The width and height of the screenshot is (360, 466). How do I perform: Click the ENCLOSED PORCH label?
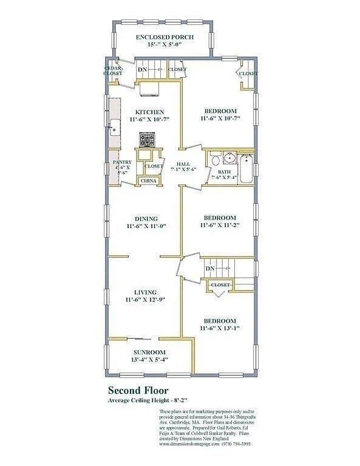click(165, 38)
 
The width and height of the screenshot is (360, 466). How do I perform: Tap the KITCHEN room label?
click(149, 112)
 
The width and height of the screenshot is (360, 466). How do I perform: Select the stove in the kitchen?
click(148, 141)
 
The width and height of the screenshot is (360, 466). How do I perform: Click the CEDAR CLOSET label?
click(113, 71)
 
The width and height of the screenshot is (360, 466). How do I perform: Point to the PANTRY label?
click(122, 162)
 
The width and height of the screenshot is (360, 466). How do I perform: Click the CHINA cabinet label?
click(149, 181)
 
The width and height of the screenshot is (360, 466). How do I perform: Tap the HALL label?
click(183, 164)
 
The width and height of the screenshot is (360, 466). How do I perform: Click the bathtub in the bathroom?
click(245, 170)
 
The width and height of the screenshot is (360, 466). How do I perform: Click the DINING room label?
click(146, 219)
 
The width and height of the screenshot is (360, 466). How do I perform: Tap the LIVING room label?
click(145, 292)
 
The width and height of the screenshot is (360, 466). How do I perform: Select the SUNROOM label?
click(150, 352)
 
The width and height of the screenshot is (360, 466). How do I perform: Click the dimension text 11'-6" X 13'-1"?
click(220, 328)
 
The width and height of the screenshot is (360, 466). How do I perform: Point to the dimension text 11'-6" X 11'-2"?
click(220, 225)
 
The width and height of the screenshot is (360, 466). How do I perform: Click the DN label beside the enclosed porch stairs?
click(142, 70)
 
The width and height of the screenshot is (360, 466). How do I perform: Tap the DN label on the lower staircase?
click(209, 269)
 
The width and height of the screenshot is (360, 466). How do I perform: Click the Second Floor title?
click(138, 391)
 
